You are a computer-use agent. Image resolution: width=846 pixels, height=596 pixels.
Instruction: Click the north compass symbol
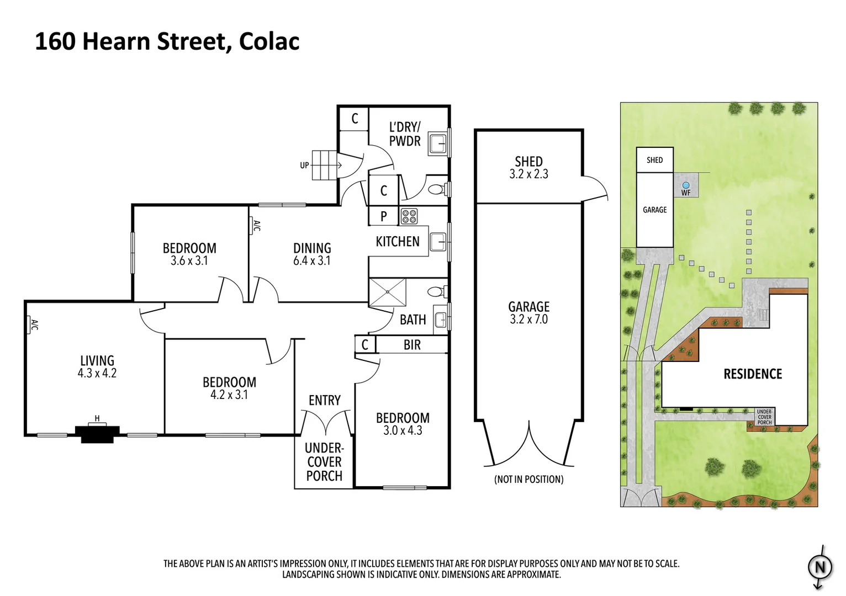820,567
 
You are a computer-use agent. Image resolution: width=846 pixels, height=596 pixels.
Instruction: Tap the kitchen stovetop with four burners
409,216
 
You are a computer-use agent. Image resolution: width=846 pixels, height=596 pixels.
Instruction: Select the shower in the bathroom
387,292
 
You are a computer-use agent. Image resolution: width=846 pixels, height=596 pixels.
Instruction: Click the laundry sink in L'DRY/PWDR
437,144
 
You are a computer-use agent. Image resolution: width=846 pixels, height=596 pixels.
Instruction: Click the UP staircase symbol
324,164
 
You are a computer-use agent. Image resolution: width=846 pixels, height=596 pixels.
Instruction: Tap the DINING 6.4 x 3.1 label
312,254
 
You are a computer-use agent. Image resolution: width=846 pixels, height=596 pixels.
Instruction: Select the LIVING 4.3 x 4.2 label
97,366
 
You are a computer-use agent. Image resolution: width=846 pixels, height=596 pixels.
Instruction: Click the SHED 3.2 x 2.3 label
528,167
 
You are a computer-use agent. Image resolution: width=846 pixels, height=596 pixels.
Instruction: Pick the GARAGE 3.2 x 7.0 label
528,312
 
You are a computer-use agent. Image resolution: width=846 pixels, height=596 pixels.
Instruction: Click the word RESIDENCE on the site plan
753,374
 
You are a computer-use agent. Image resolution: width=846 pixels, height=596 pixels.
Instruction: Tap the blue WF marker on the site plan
686,186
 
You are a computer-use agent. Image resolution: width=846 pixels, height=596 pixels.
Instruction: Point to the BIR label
412,345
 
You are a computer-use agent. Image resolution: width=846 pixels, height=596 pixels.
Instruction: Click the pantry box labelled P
383,216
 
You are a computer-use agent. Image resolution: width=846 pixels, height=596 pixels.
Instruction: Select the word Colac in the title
269,41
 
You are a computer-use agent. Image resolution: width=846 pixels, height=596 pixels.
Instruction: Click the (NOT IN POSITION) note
528,480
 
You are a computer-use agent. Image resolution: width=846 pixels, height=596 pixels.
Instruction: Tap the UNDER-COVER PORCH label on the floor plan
324,462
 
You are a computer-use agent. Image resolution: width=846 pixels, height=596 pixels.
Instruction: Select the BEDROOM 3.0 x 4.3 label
403,424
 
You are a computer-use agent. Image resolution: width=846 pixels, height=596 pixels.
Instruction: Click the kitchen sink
437,241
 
